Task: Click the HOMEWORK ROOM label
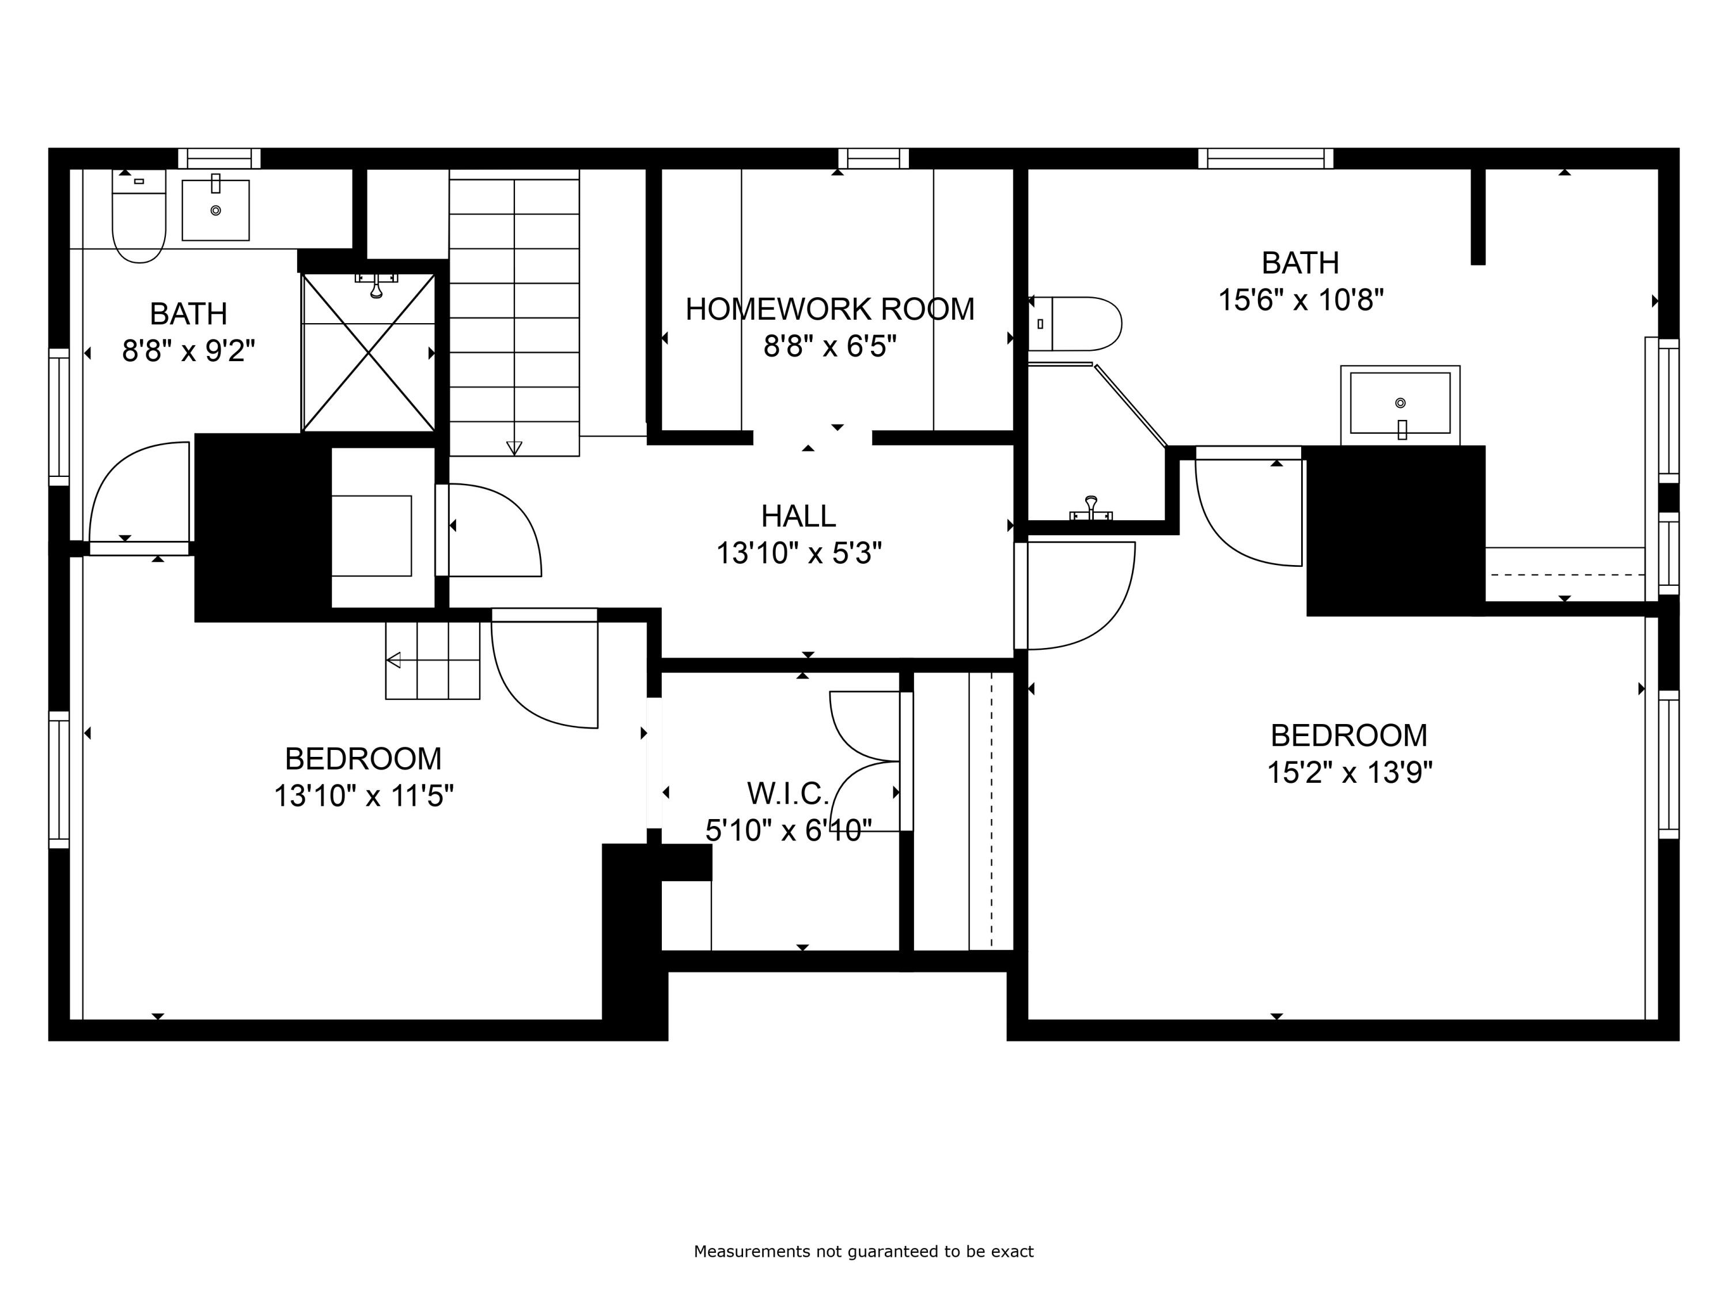click(x=829, y=309)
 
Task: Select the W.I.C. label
click(x=787, y=794)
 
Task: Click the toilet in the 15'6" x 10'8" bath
click(x=1075, y=323)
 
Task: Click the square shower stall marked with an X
click(x=368, y=353)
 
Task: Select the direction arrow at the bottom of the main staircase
click(x=514, y=448)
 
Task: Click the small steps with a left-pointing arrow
click(x=433, y=660)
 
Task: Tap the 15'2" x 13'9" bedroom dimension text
click(x=1349, y=772)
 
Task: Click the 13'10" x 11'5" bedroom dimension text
click(x=363, y=796)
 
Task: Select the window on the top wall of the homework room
click(x=873, y=158)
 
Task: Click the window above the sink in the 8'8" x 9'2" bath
click(x=219, y=158)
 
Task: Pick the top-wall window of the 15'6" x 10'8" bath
click(x=1265, y=158)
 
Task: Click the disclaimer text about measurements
click(x=863, y=1252)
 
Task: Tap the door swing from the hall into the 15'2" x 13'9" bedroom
click(x=1078, y=595)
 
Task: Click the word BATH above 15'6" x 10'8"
click(x=1300, y=263)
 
